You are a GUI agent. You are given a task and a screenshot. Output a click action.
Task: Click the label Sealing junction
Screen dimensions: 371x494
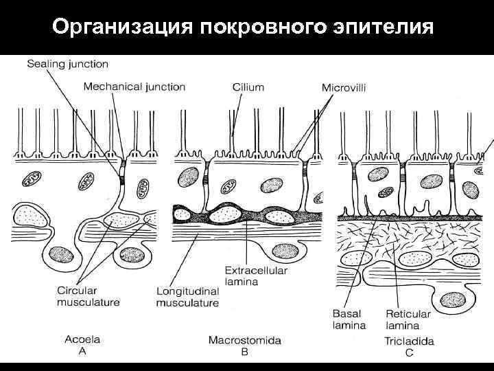point(67,64)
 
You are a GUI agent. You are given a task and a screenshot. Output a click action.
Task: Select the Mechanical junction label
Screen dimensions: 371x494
point(134,87)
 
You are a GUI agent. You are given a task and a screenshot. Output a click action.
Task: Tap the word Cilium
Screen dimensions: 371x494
point(248,87)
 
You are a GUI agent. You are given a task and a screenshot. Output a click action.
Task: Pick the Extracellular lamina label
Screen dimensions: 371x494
point(256,276)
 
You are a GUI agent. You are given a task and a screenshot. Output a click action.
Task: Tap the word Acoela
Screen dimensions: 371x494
point(82,338)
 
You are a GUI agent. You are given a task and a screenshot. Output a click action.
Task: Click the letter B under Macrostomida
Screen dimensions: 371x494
point(245,351)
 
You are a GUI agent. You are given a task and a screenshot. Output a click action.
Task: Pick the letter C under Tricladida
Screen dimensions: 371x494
point(410,352)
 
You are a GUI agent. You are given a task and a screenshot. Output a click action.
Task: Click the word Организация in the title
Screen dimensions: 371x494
point(121,27)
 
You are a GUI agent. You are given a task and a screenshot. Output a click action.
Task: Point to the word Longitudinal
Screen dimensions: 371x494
point(187,291)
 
